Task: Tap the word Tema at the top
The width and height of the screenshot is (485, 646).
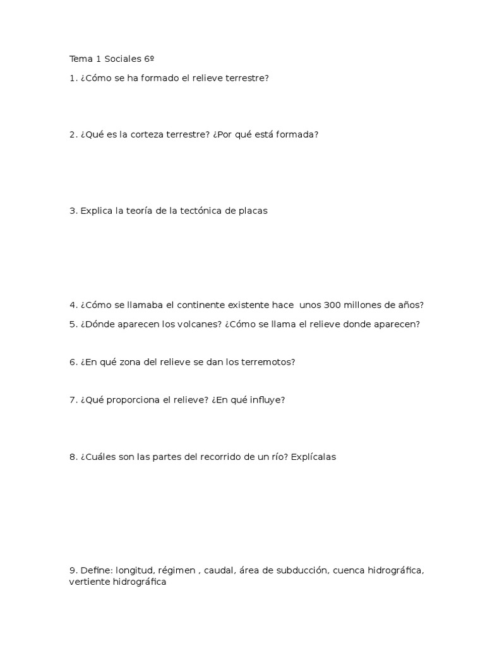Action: pos(80,59)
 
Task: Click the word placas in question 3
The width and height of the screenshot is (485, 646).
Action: pos(253,211)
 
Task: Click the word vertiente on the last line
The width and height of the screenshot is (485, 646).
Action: pos(89,582)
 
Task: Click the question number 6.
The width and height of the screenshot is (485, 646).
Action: pos(73,362)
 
